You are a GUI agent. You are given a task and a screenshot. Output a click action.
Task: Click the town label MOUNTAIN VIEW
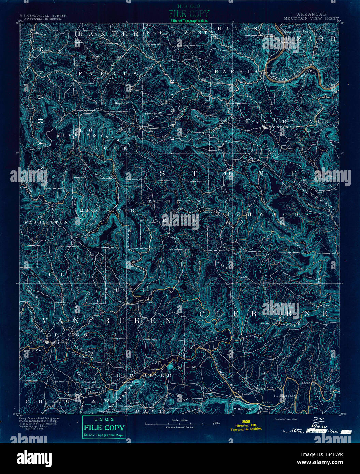pos(284,127)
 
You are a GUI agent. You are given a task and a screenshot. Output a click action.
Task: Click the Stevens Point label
pos(129,382)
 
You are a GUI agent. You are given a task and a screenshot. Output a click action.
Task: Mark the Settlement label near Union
pos(147,302)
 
